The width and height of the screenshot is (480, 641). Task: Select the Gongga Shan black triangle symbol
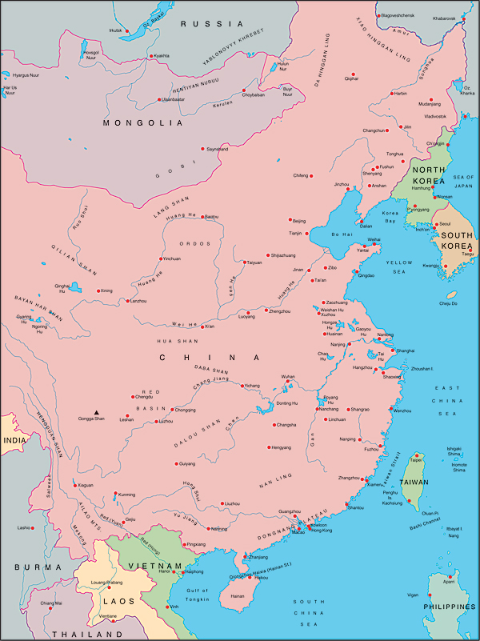tap(97, 413)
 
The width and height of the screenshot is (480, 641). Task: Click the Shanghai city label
tap(406, 351)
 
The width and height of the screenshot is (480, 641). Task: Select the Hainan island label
tap(237, 595)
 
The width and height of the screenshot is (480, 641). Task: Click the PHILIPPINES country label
tap(449, 607)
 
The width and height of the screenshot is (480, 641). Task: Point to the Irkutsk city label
tap(116, 30)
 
